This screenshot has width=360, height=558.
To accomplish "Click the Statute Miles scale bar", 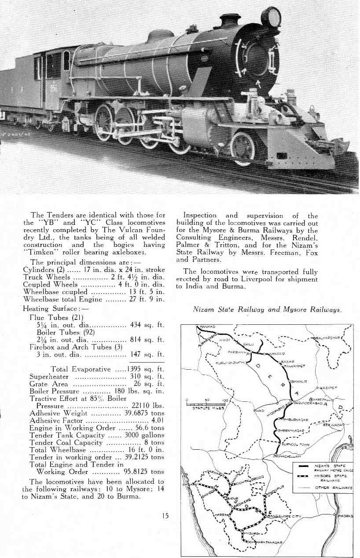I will point(206,404).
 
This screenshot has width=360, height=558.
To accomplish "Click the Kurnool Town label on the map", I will point(296,444).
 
